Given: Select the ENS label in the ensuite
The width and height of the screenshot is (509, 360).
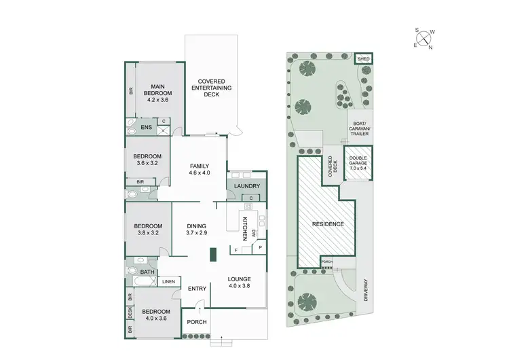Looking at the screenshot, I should tap(146, 127).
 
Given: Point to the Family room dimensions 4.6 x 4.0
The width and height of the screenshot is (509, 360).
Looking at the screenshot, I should tap(199, 173).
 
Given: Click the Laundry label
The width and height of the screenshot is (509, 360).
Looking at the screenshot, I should tap(246, 186).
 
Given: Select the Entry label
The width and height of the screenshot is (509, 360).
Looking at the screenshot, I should tap(197, 289).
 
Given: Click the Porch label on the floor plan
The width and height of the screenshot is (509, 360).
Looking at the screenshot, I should tap(197, 322).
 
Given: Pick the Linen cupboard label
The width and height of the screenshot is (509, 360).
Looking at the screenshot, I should tap(168, 281).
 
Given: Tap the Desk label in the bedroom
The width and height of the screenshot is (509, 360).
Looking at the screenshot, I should tap(130, 313).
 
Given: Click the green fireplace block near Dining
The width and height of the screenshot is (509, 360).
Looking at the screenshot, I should tap(212, 255).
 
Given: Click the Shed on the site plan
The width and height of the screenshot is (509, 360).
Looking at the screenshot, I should tap(364, 59).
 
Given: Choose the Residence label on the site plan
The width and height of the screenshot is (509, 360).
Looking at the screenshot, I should tap(328, 224).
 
